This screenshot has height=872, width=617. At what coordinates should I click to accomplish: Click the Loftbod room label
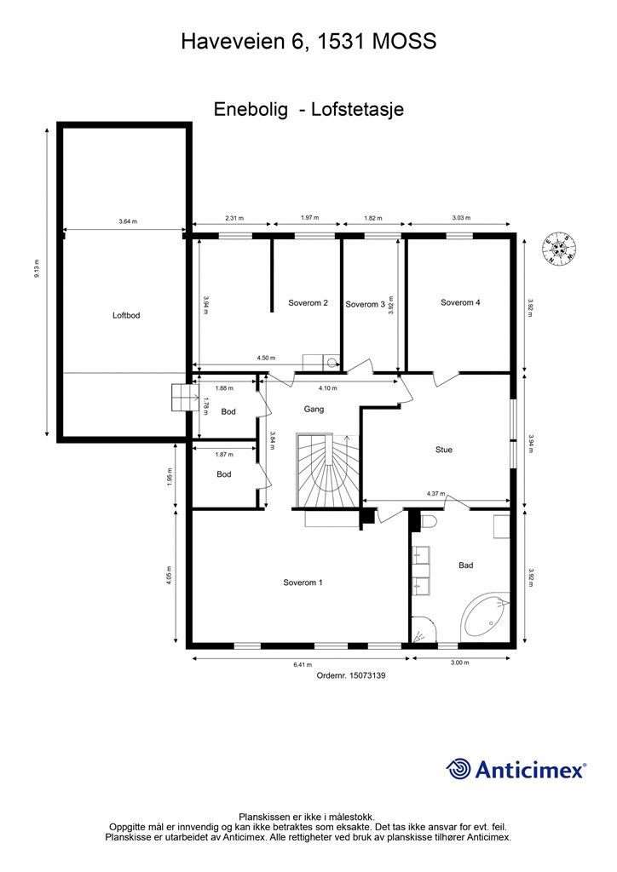(x=126, y=315)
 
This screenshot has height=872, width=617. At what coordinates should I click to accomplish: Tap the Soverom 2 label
(x=308, y=303)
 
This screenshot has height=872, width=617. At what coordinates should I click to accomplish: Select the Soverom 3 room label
(x=365, y=304)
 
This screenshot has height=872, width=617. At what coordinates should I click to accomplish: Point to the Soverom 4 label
(x=461, y=302)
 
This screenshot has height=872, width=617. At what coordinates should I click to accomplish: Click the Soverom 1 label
(x=303, y=582)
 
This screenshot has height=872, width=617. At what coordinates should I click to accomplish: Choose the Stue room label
(x=444, y=450)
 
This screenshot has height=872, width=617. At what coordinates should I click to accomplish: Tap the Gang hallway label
(x=314, y=410)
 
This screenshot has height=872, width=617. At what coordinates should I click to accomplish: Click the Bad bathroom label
(x=465, y=565)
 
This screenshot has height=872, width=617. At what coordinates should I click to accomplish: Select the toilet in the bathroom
(x=428, y=522)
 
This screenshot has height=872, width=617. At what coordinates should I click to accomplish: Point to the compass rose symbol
(x=560, y=251)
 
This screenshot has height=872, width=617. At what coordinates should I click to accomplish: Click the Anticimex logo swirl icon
(x=458, y=769)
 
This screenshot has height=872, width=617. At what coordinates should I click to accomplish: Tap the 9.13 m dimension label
(x=37, y=268)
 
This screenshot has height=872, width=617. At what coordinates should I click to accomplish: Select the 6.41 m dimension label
(x=303, y=664)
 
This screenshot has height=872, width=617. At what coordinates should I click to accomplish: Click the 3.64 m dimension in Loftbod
(x=128, y=221)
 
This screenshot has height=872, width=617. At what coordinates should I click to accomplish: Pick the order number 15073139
(x=367, y=675)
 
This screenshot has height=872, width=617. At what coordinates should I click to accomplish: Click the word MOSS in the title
(x=404, y=42)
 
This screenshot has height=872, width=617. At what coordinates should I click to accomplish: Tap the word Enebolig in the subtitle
(x=251, y=109)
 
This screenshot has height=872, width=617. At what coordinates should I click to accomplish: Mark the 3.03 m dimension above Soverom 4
(x=461, y=218)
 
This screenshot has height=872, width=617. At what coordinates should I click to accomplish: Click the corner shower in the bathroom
(x=424, y=630)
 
